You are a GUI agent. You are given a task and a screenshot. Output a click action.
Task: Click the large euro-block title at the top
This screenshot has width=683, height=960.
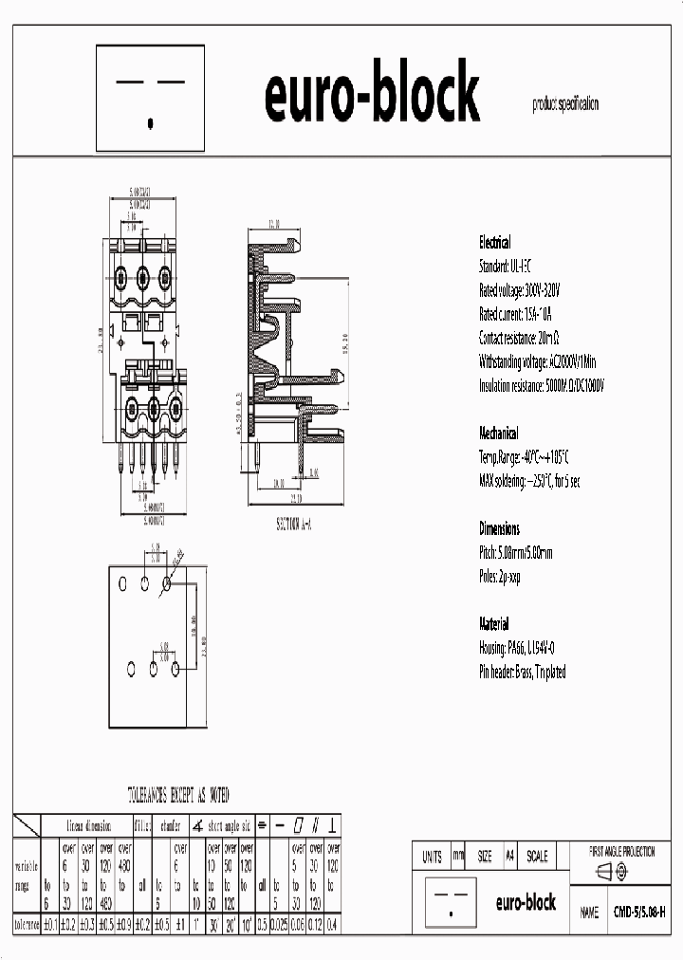(371, 95)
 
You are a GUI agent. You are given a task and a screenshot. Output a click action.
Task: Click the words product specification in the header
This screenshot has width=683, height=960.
(565, 105)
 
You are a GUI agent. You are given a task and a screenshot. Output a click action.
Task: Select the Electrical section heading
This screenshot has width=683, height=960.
(494, 243)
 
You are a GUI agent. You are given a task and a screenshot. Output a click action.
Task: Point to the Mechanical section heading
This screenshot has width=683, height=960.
(499, 434)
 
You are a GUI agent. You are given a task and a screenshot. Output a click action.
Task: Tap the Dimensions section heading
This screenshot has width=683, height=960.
(499, 529)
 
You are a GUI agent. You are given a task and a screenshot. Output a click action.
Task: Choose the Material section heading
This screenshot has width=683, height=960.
(493, 624)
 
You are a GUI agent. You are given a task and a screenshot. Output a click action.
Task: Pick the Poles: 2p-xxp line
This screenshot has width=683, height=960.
(500, 576)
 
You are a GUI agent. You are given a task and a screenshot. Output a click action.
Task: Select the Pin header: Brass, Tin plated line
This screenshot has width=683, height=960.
(522, 672)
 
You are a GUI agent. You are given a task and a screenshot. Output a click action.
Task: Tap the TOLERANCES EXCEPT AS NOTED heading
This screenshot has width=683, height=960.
(178, 794)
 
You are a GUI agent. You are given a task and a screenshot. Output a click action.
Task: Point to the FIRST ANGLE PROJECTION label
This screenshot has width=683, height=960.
(622, 852)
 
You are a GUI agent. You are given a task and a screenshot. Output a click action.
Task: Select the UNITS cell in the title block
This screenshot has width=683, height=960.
(432, 856)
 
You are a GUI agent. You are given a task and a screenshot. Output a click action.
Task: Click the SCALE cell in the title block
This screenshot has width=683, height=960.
(537, 856)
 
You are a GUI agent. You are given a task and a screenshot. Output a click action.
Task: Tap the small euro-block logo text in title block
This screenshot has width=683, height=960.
(526, 902)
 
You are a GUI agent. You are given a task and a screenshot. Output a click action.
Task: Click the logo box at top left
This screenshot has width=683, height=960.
(151, 98)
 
